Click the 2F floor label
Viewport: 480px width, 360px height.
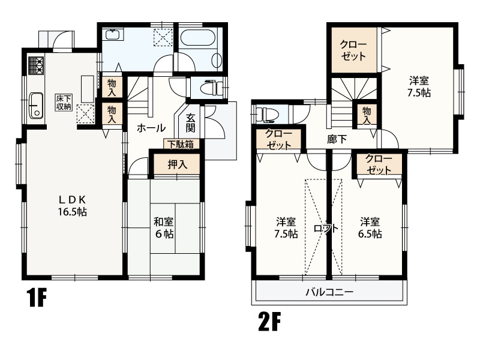[x=269, y=322]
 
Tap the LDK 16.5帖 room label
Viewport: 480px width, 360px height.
[x=72, y=206]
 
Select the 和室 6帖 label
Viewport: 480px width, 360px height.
[x=164, y=228]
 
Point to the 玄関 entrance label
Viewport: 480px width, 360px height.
[x=190, y=123]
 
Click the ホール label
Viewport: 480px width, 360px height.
[x=151, y=128]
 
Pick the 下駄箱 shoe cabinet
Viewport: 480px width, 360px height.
[x=181, y=144]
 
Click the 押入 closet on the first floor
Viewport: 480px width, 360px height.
[x=176, y=164]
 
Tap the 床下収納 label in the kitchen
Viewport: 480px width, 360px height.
[x=64, y=103]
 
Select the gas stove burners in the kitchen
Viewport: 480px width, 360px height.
[x=36, y=65]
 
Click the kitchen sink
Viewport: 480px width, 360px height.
[x=36, y=106]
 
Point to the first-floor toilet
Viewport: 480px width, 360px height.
[x=212, y=87]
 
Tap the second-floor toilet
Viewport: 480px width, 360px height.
[x=266, y=114]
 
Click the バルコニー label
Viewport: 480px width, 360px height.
[x=329, y=292]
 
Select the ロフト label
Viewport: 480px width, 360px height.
[x=326, y=229]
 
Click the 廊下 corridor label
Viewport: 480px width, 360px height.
[x=337, y=139]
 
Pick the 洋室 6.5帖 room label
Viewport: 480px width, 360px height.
[x=370, y=228]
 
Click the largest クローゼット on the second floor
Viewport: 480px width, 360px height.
[x=353, y=50]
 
